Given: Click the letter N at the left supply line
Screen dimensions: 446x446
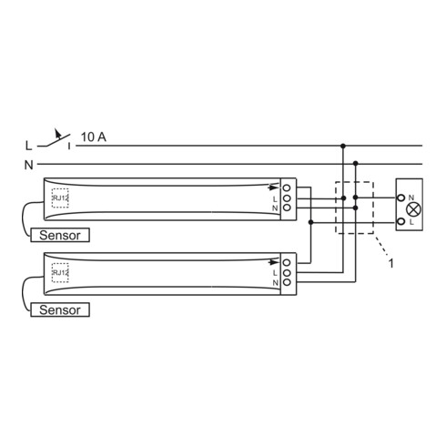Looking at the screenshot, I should pyautogui.click(x=28, y=165).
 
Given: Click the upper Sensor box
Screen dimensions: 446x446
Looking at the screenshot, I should pyautogui.click(x=60, y=234).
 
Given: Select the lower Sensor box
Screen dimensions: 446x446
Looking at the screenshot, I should pyautogui.click(x=60, y=309).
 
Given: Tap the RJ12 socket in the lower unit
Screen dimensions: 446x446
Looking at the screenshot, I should pyautogui.click(x=61, y=273).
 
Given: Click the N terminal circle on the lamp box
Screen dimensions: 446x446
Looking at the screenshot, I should pyautogui.click(x=401, y=198).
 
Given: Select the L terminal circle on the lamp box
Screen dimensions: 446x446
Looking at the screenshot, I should pyautogui.click(x=401, y=221).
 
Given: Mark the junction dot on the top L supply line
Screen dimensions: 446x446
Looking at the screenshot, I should pyautogui.click(x=343, y=146).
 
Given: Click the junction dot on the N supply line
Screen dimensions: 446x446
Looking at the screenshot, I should pyautogui.click(x=355, y=165).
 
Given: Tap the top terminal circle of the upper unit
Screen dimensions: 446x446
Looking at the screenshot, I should pyautogui.click(x=287, y=188).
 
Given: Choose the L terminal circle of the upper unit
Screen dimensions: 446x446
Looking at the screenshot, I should pyautogui.click(x=287, y=198).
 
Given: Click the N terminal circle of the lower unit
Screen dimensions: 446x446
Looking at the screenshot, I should pyautogui.click(x=287, y=283).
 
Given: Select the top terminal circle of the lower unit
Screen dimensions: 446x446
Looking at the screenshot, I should pyautogui.click(x=287, y=262).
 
